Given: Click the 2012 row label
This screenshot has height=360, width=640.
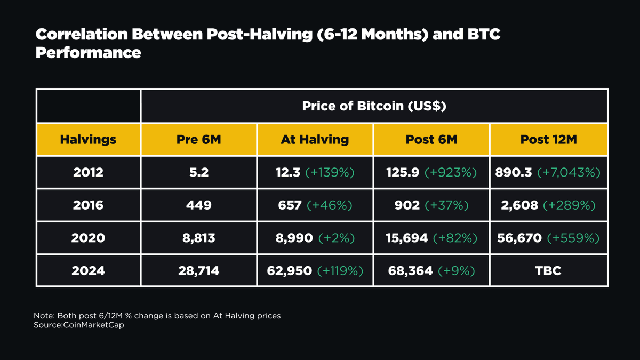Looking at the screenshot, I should (88, 172).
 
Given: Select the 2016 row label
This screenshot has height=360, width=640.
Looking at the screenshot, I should (88, 205).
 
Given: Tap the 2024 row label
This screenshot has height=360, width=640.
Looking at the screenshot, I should (88, 271).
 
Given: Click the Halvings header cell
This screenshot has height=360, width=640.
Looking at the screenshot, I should (88, 140).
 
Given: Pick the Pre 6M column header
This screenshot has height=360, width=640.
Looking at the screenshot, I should (198, 140).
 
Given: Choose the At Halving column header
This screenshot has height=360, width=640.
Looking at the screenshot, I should (315, 140).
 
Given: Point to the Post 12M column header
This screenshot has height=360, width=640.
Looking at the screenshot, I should (548, 140).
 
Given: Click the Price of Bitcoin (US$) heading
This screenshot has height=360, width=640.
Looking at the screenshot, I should (374, 106).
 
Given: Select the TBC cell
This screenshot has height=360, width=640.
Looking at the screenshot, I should (548, 271).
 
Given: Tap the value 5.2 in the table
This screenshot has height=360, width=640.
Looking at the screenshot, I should (198, 172).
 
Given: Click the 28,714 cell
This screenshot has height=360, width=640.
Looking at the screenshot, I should (198, 271).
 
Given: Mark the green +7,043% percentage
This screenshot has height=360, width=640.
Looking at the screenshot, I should (569, 172).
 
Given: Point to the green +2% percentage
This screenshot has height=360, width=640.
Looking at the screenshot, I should (336, 238).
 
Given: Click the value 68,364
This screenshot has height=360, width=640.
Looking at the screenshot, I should (409, 271).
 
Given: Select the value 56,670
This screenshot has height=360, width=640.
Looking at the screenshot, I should (519, 238).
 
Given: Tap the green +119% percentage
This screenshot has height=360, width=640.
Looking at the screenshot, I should (340, 271).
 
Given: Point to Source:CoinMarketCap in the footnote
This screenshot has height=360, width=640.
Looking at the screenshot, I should (78, 325).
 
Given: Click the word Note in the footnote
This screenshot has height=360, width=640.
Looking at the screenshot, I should (43, 316).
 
